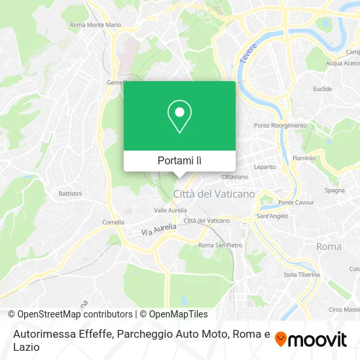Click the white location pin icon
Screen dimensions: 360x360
pyautogui.click(x=179, y=117)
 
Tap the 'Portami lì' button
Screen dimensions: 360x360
pyautogui.click(x=179, y=160)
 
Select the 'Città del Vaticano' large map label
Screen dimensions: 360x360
pyautogui.click(x=214, y=194)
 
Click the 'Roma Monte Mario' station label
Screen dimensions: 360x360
pyautogui.click(x=96, y=25)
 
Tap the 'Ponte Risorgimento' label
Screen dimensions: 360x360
pyautogui.click(x=280, y=126)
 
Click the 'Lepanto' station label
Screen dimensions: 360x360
pyautogui.click(x=265, y=167)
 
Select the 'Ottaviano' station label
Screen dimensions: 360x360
pyautogui.click(x=235, y=177)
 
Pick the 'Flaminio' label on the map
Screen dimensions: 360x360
pyautogui.click(x=303, y=158)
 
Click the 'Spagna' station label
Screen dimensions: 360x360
pyautogui.click(x=334, y=190)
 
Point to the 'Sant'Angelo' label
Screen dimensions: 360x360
pyautogui.click(x=272, y=216)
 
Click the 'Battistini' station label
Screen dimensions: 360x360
pyautogui.click(x=70, y=194)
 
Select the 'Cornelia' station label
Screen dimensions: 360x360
pyautogui.click(x=113, y=222)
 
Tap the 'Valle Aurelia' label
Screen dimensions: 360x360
pyautogui.click(x=170, y=210)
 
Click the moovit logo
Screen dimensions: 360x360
pyautogui.click(x=311, y=339)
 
